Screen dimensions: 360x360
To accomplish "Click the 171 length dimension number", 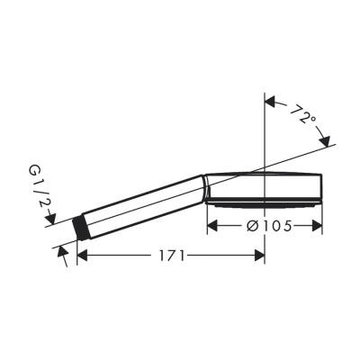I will pos(167,256).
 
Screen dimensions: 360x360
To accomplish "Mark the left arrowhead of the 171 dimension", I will pos(82,256).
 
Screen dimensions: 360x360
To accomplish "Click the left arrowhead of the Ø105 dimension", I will pos(213,227).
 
